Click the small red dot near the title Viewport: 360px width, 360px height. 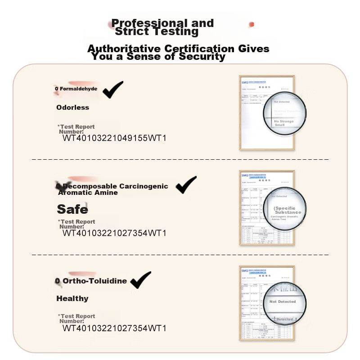[x=252, y=24]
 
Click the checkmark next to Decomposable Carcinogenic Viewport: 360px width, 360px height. [x=186, y=184]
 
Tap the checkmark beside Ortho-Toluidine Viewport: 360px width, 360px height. [x=140, y=279]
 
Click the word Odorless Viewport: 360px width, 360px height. [x=72, y=108]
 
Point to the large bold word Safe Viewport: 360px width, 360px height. [x=72, y=209]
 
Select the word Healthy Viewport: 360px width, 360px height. [x=72, y=298]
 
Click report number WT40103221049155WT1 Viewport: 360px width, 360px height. [x=114, y=138]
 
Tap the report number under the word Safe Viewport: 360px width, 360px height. [x=114, y=233]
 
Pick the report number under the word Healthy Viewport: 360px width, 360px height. [x=114, y=328]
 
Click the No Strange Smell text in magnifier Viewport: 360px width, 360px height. [x=283, y=123]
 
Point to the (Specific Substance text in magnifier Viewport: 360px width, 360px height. [x=287, y=210]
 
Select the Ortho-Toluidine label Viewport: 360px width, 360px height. [x=94, y=281]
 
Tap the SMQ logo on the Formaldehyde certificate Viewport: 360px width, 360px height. [x=245, y=82]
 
